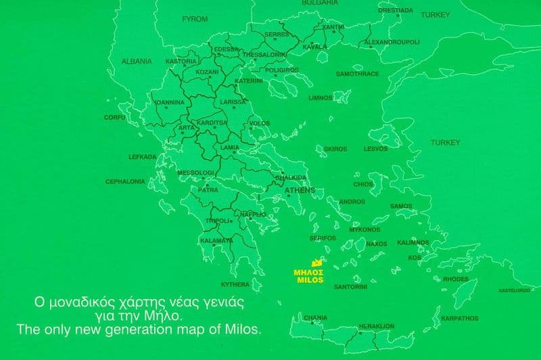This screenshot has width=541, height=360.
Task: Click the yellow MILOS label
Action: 308,279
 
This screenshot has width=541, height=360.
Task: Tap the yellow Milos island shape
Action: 315,263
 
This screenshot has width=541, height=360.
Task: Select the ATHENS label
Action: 300,191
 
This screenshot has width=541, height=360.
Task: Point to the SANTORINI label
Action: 351,287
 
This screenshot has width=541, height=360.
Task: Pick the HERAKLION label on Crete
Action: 377,325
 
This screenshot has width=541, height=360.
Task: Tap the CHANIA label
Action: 316,317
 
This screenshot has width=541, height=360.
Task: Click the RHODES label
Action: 455,279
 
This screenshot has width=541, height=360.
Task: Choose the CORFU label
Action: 114,117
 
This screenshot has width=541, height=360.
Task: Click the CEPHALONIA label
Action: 125,181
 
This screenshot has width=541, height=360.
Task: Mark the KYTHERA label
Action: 235,284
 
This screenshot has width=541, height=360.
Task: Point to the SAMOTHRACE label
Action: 358,74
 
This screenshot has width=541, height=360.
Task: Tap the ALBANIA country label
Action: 137,61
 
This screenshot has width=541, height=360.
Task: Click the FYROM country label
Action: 195,20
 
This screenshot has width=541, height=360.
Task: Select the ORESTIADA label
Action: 396,11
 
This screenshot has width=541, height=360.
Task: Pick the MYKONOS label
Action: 364,229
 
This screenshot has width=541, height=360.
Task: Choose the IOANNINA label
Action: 169,103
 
